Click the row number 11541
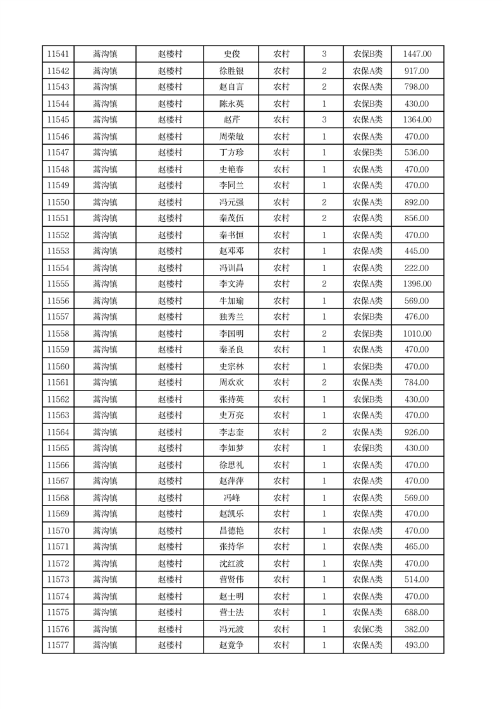click(x=58, y=54)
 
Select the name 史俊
click(x=231, y=54)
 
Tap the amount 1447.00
click(x=417, y=54)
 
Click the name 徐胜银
click(x=231, y=71)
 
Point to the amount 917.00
click(x=417, y=71)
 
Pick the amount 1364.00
click(x=417, y=120)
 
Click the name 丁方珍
click(x=231, y=153)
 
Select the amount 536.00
click(x=417, y=153)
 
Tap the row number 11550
click(x=58, y=202)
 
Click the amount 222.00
click(x=417, y=268)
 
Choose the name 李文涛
click(x=231, y=284)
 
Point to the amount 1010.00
click(x=417, y=334)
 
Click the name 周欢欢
click(x=231, y=382)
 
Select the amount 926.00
click(x=417, y=432)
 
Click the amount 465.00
click(x=417, y=547)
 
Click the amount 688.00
click(x=417, y=612)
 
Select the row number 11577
click(x=58, y=645)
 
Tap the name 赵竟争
click(x=231, y=645)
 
